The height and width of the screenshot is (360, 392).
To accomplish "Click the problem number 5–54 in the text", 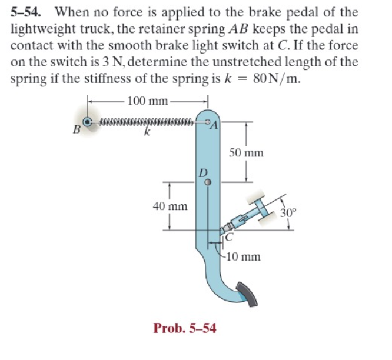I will [28, 12].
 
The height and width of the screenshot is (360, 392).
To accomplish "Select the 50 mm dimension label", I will [246, 153].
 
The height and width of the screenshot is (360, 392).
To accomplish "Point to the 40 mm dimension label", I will [170, 206].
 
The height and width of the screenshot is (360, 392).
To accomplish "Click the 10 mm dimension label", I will [242, 257].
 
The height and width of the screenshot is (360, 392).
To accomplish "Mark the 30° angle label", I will [288, 213].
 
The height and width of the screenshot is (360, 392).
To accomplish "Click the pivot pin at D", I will [207, 182].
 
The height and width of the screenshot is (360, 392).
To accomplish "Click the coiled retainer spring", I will [147, 122].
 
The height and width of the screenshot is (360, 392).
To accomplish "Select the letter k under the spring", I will [147, 133].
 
